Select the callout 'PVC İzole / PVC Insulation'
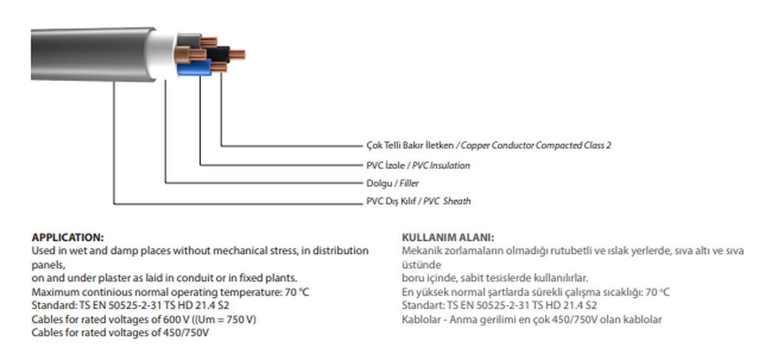(x=418, y=166)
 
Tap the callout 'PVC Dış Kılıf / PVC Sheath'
(x=418, y=201)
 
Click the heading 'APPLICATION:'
(x=68, y=237)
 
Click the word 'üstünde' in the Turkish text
(x=421, y=264)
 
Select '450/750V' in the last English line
(x=188, y=333)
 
